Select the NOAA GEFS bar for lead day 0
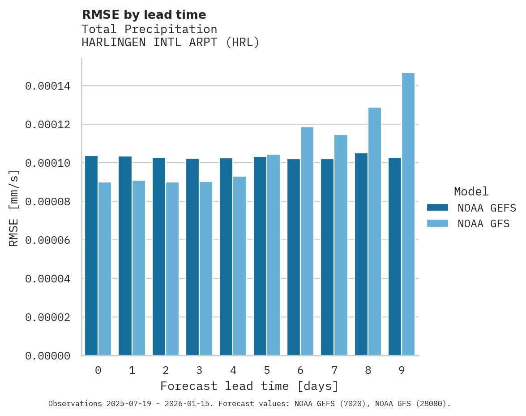(91, 256)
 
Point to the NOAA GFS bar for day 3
(205, 269)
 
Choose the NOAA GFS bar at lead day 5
(273, 255)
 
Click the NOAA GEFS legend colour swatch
(437, 207)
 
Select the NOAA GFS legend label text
(483, 223)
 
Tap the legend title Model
(471, 191)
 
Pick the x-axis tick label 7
(334, 370)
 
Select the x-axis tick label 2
(166, 370)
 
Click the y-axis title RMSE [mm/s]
(14, 208)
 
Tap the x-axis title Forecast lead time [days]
(249, 386)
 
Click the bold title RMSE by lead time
(144, 15)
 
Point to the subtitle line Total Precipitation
(149, 29)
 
